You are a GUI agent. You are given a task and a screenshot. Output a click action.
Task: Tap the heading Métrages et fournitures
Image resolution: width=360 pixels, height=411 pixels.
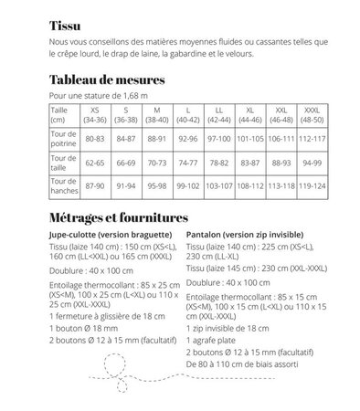click(118, 219)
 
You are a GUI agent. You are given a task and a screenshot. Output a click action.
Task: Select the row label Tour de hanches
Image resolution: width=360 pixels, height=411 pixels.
click(65, 188)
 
